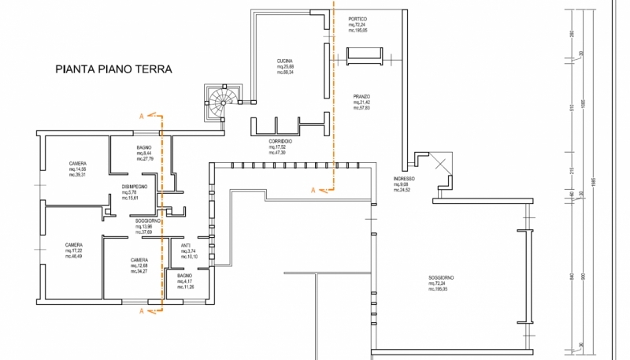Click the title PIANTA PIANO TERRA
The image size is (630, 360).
pyautogui.click(x=113, y=69)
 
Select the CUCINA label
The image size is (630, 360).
pyautogui.click(x=285, y=61)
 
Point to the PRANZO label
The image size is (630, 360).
pyautogui.click(x=361, y=97)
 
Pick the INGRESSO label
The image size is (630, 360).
pyautogui.click(x=404, y=180)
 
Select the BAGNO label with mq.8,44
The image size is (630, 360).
pyautogui.click(x=143, y=148)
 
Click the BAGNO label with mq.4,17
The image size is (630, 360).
pyautogui.click(x=184, y=276)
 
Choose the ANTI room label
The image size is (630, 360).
pyautogui.click(x=186, y=245)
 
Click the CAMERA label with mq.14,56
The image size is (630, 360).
pyautogui.click(x=77, y=164)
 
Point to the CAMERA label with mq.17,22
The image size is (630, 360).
pyautogui.click(x=74, y=245)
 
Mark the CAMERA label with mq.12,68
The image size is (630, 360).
pyautogui.click(x=139, y=261)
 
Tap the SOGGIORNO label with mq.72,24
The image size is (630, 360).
pyautogui.click(x=441, y=278)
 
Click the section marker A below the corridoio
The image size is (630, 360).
pyautogui.click(x=313, y=190)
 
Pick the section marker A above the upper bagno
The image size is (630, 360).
pyautogui.click(x=141, y=115)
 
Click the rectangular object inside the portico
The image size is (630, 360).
pyautogui.click(x=365, y=55)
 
